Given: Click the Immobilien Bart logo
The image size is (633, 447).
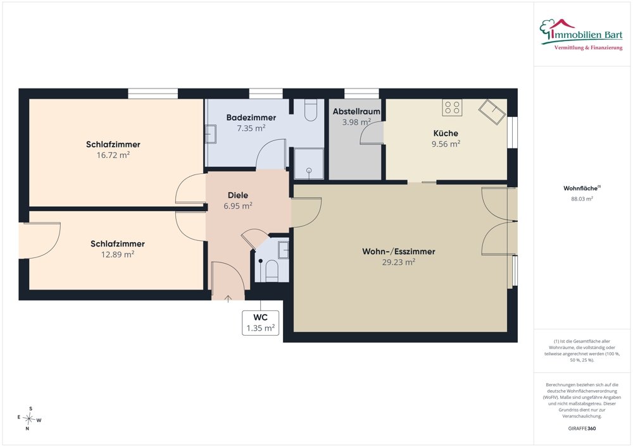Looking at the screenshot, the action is tap(581, 35).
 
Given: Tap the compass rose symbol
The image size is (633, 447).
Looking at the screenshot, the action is tap(29, 419).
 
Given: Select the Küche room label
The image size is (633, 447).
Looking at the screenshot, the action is tap(446, 133).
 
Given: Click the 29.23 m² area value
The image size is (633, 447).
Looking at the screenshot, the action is tap(398, 262).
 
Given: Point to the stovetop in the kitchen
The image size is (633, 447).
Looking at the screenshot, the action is tap(452, 107).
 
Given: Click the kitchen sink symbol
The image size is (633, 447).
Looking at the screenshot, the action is tap(492, 112).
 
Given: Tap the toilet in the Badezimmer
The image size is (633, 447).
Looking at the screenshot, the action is tap(310, 110).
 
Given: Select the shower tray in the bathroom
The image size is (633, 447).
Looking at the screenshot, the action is tap(309, 164).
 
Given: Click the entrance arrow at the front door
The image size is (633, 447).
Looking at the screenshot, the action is tap(228, 298).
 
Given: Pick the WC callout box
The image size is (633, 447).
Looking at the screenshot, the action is tap(260, 323).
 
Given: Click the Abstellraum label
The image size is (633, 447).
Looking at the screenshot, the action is tap(356, 112).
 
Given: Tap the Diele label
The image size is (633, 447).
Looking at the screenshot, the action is tap(238, 195).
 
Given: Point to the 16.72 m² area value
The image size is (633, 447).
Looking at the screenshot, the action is tap(113, 155).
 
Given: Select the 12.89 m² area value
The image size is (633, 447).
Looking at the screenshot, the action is tap(118, 255).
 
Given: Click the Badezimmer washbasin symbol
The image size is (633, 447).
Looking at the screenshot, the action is tap(211, 134).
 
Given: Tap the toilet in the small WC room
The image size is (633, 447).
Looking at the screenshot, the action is tap(272, 271).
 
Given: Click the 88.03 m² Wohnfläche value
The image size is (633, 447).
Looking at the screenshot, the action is tap(582, 199).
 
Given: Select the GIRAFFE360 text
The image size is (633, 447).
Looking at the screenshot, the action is tap(582, 429).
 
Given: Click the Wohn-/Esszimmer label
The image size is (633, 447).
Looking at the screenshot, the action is tap(398, 252).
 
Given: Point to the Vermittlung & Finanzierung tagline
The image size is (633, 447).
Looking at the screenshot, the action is tap(588, 48).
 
